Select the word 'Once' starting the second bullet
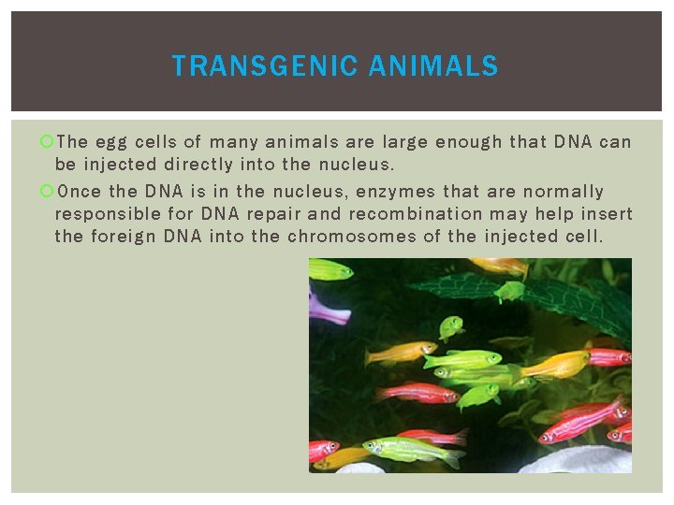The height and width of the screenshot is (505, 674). click(79, 192)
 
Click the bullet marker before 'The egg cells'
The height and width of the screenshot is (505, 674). click(48, 142)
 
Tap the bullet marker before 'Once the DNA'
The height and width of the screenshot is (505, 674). click(48, 192)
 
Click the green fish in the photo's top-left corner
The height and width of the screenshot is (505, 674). click(330, 270)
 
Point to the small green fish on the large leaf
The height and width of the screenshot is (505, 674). click(510, 291)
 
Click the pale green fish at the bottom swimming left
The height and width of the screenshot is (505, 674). click(412, 451)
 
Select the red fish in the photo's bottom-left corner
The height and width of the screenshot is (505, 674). click(323, 450)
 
